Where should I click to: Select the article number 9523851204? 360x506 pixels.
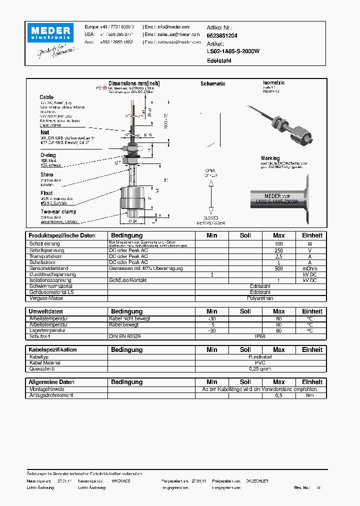pos(222,36)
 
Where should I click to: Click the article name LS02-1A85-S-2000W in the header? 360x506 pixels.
pos(233,51)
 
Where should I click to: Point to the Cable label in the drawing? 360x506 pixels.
pos(46,97)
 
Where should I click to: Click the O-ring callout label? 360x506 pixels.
pos(48,155)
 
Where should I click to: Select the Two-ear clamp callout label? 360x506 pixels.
pos(59,211)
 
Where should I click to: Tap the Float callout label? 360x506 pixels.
pos(46,193)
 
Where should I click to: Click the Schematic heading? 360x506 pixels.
pos(212,84)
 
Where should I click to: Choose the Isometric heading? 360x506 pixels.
pos(273,82)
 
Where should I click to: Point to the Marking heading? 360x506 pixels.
pos(270,158)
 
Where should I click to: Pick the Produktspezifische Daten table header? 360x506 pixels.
pos(62,235)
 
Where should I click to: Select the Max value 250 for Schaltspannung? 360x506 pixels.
pos(278,250)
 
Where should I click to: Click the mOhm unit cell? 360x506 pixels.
pos(311,268)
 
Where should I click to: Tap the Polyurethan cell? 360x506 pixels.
pos(260,298)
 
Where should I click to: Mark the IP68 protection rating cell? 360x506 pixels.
pos(260,336)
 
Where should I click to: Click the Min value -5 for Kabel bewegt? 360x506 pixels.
pos(212,324)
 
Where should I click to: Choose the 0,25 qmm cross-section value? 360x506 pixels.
pos(260,369)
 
